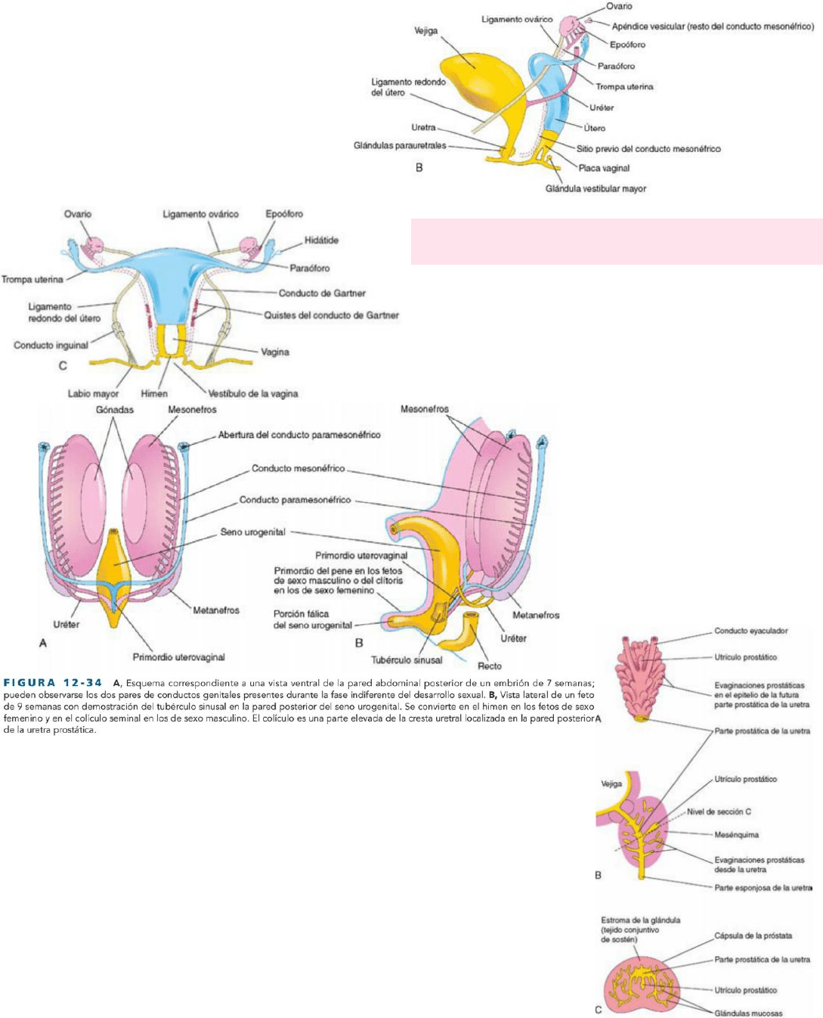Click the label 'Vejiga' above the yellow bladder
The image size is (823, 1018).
point(425,31)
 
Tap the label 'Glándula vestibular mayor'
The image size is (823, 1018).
point(596,189)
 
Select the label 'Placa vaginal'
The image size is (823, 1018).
point(604,169)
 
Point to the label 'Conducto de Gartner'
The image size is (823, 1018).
point(322,293)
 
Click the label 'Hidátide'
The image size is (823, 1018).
point(321,241)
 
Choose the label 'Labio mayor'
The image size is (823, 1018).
point(93,393)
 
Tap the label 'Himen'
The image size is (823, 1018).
point(154,393)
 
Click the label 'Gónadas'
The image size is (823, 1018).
point(115,410)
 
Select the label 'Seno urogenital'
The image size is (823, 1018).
point(252,532)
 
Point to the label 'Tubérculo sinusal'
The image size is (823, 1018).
point(407,660)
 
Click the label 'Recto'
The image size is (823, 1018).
point(490,666)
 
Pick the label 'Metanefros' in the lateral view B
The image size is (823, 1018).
point(536,616)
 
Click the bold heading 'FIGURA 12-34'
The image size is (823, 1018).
point(53,683)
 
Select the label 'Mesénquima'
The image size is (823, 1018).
point(736,835)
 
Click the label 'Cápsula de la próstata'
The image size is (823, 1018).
point(753,936)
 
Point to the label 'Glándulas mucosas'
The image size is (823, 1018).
point(748,1013)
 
